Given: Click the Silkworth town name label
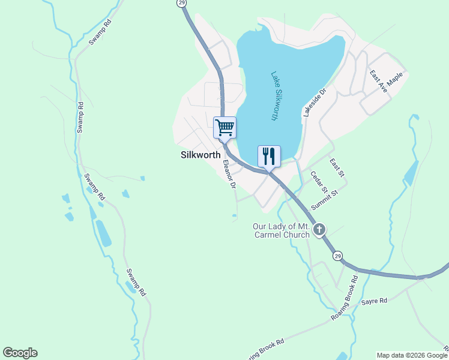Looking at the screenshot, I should click(x=200, y=154).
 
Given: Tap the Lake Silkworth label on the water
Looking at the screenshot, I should click(x=274, y=96).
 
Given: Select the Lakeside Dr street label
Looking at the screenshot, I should click(x=314, y=101).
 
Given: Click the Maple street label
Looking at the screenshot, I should click(x=395, y=79).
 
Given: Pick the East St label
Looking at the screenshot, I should click(x=337, y=167).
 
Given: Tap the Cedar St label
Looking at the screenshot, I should click(x=318, y=182).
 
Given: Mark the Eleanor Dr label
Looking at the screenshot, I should click(x=229, y=174).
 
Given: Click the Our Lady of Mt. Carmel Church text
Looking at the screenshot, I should click(x=281, y=230).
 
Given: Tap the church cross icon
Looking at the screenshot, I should click(x=319, y=229).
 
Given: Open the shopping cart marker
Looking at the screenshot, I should click(x=224, y=127).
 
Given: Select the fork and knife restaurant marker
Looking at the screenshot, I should click(x=269, y=156).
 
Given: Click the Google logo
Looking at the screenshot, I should click(x=20, y=353).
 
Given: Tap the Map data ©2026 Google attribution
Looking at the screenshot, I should click(x=412, y=355).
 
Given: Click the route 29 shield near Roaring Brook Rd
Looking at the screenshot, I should click(x=339, y=256).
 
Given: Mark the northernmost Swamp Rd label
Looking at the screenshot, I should click(x=100, y=32).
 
